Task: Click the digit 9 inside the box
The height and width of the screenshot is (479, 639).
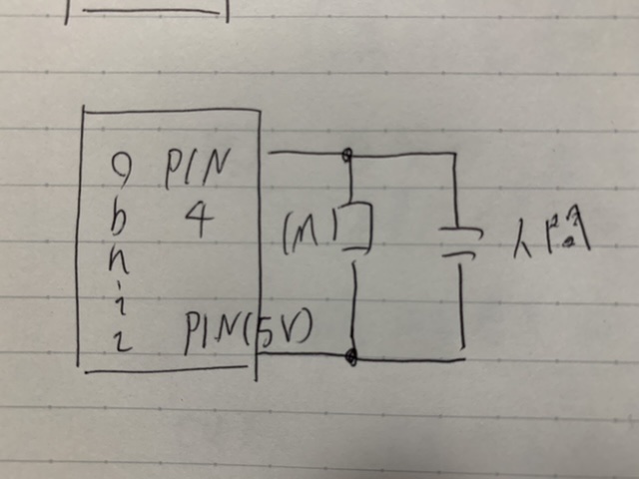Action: click(126, 172)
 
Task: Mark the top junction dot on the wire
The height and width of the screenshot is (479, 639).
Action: click(347, 155)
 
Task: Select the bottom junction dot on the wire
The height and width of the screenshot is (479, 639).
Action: click(350, 356)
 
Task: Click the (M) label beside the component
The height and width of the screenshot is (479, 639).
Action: click(310, 231)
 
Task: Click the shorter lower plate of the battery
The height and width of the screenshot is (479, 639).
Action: click(458, 255)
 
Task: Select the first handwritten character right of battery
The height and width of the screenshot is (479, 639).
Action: click(529, 240)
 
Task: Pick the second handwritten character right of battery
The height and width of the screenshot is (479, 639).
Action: click(572, 239)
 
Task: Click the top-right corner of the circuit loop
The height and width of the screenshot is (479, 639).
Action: click(455, 155)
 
